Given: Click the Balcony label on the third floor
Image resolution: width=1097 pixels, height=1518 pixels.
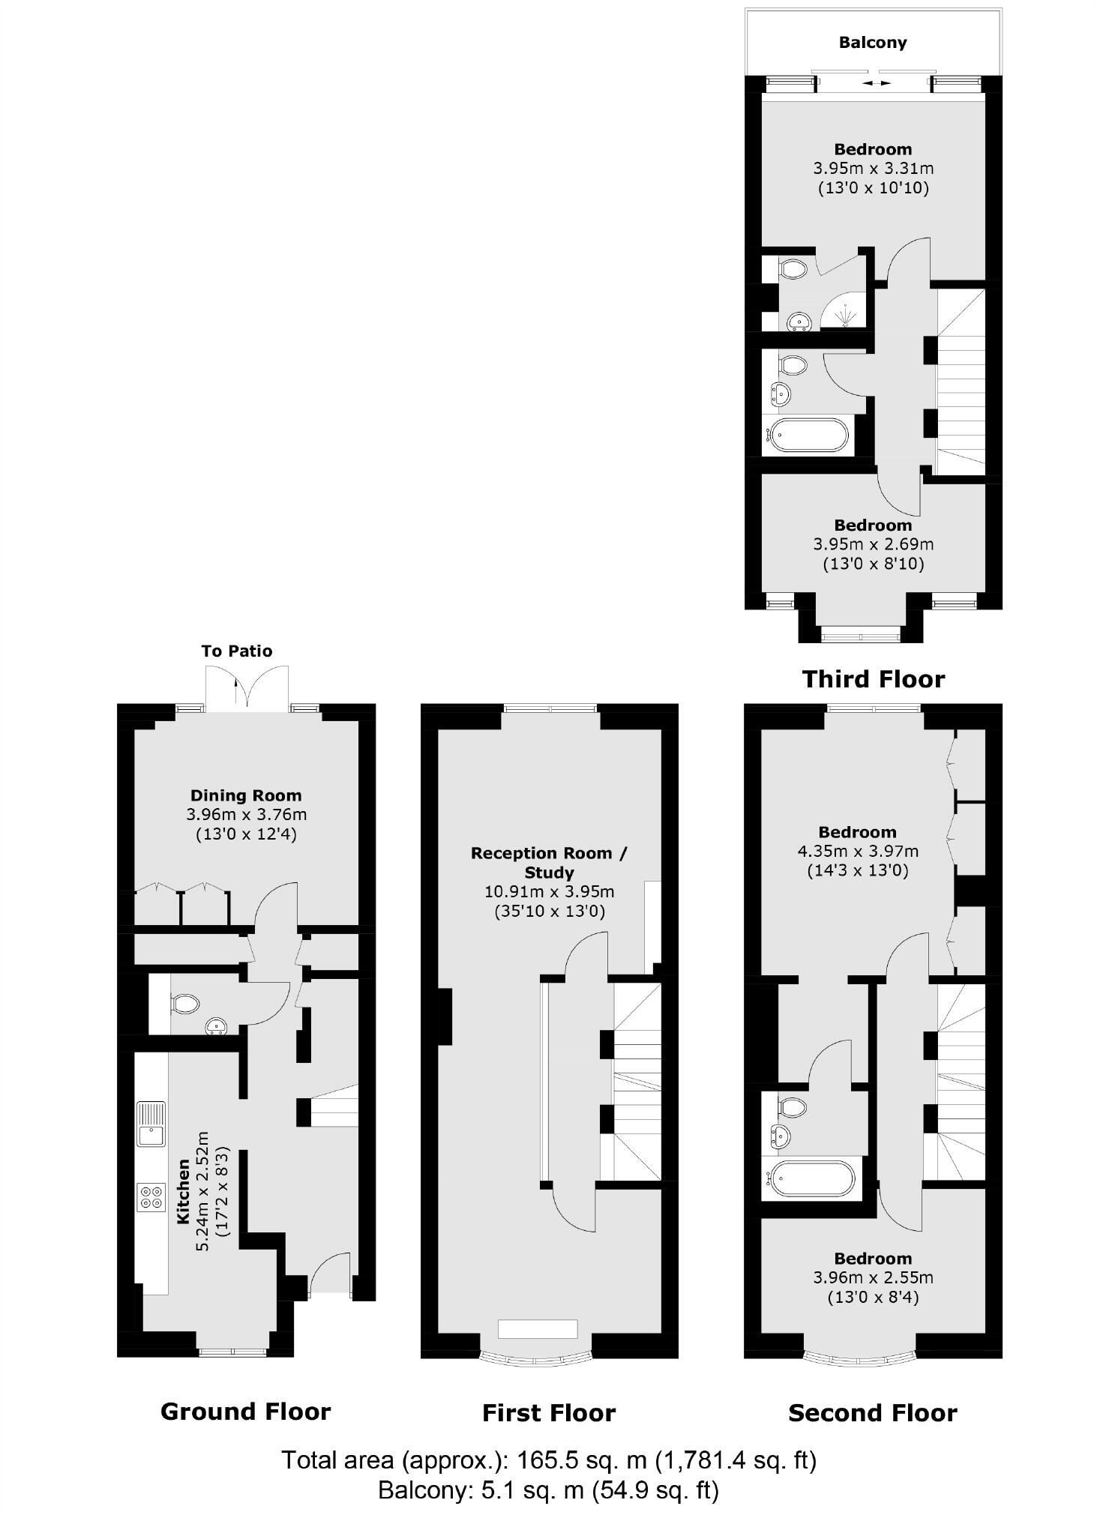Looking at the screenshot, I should [872, 43].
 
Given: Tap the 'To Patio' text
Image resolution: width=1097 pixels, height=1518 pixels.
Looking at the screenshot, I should [236, 651].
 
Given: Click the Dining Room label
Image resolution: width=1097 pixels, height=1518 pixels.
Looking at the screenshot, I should [246, 795].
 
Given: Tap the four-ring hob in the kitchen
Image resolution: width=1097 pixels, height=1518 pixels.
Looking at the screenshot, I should [151, 1196].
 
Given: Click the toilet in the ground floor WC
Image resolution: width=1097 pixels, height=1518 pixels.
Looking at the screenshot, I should [184, 1003].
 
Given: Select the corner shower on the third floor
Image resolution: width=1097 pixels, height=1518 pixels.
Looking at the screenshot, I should [844, 311].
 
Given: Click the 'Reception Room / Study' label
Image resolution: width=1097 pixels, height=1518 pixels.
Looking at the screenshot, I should [549, 862].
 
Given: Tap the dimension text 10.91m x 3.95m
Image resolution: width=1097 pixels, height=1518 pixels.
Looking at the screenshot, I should [549, 892].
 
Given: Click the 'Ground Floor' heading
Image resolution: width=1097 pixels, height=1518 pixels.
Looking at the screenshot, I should [245, 1412].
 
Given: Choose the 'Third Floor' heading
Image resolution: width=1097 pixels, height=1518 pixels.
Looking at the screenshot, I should [873, 679].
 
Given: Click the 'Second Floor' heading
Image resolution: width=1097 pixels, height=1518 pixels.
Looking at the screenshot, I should [873, 1413].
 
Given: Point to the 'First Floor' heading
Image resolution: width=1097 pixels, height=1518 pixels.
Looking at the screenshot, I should [549, 1413].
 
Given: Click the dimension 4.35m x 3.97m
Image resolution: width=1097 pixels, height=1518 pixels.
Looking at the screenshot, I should [857, 851].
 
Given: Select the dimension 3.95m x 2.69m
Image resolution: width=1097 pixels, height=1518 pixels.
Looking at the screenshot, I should [873, 544].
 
